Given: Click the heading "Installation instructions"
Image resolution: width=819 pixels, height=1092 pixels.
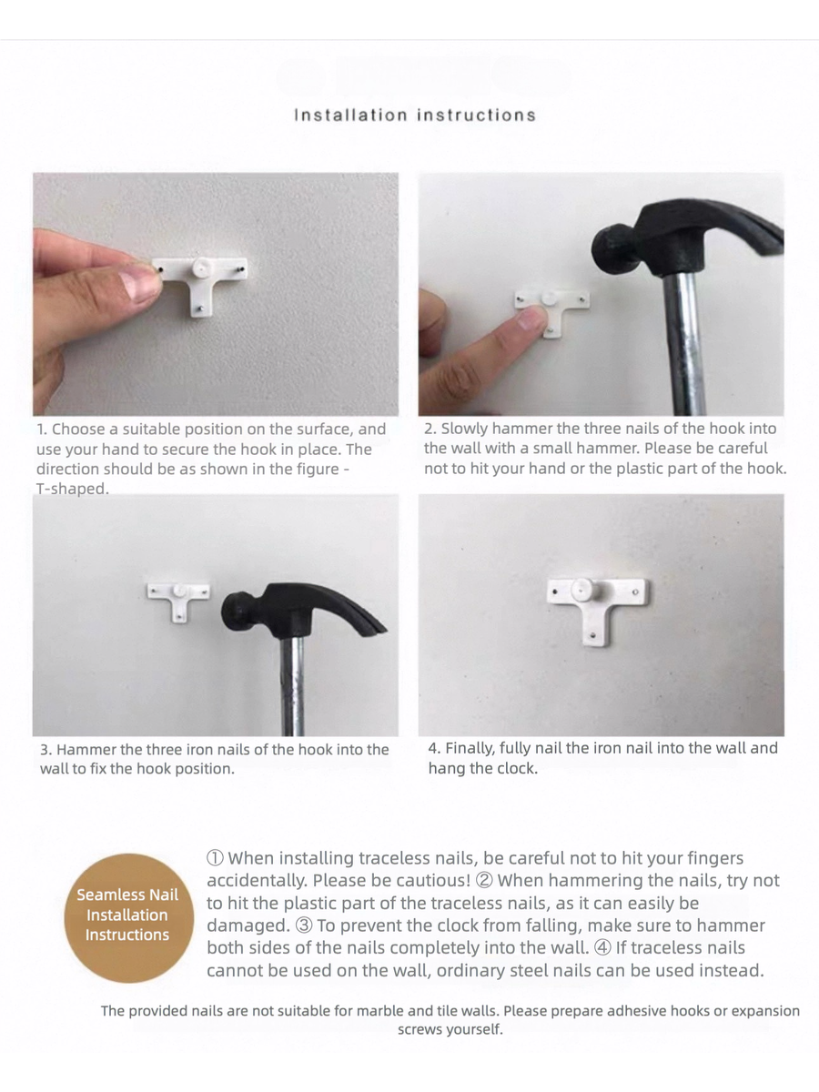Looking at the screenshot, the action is [415, 115].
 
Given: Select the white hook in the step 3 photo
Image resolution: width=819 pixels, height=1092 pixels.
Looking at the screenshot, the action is [178, 601].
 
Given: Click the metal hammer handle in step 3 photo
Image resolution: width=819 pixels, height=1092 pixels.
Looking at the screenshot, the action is [292, 685].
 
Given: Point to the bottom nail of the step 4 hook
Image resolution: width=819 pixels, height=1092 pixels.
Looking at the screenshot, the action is [593, 635].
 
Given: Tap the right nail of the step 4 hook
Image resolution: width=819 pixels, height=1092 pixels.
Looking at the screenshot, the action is [635, 592].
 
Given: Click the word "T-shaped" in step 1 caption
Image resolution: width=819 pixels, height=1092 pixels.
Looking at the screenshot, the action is [72, 489].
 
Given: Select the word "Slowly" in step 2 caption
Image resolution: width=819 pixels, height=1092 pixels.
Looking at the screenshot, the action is [464, 429].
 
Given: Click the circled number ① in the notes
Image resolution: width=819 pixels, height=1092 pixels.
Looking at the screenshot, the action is [216, 858].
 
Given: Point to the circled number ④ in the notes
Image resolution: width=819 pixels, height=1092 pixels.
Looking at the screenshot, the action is [602, 948].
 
